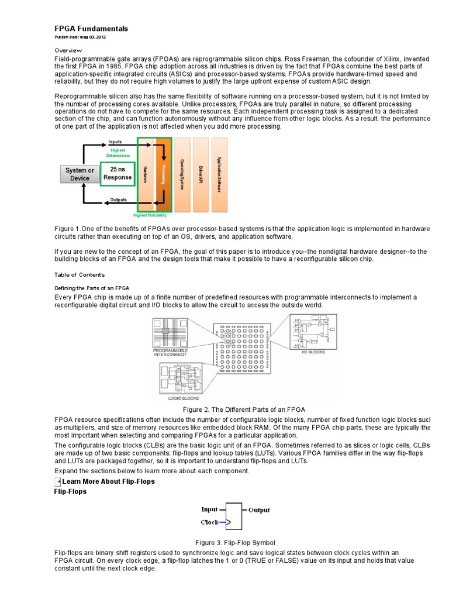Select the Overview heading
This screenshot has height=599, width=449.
point(69,50)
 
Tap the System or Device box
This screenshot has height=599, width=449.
point(79,174)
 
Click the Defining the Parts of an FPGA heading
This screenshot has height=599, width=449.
point(91,288)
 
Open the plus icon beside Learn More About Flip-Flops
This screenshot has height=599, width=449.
point(58,481)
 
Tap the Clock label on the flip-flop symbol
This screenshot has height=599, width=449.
point(210,521)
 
